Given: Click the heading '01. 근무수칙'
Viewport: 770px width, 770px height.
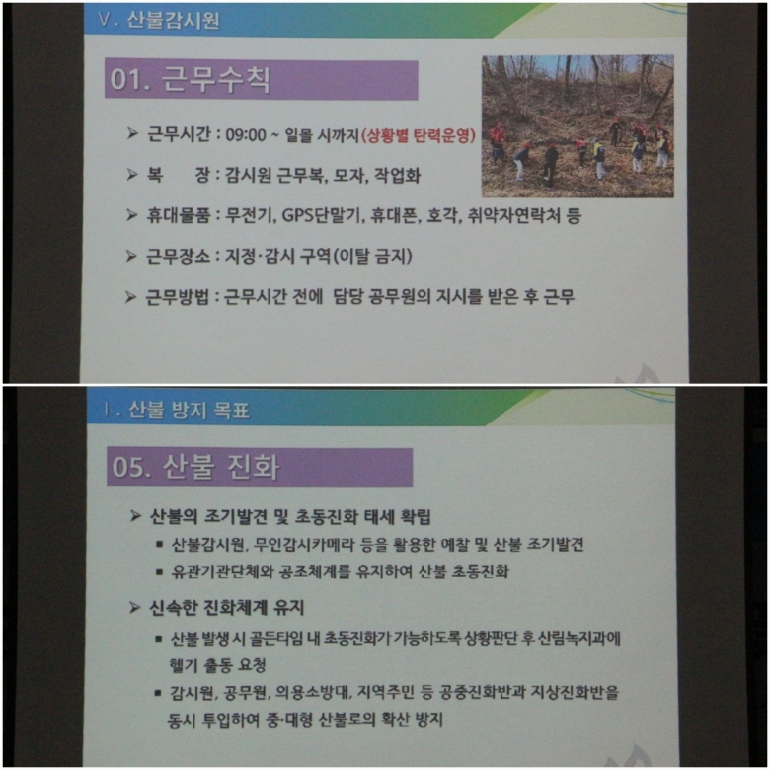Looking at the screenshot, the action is pos(191,79).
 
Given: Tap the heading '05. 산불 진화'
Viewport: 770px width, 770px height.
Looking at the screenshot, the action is pos(195,466).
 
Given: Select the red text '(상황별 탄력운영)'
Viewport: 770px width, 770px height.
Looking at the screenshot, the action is pos(419,135).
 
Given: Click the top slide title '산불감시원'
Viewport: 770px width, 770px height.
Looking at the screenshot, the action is pos(174,20).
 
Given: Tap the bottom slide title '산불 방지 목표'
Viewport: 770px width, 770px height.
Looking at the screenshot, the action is pos(190,410).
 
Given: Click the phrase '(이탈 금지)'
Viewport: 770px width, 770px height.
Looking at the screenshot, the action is pos(372,256).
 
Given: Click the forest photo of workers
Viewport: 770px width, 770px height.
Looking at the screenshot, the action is pos(577,126).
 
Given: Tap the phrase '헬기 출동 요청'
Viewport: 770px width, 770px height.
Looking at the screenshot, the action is pos(217,665).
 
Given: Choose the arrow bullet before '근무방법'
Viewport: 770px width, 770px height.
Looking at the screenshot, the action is pos(130,297).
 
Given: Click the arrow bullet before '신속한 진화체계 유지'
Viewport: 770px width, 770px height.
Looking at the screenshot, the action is pos(135,608).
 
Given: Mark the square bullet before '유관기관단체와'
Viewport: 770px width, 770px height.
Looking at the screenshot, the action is pos(159,572).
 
